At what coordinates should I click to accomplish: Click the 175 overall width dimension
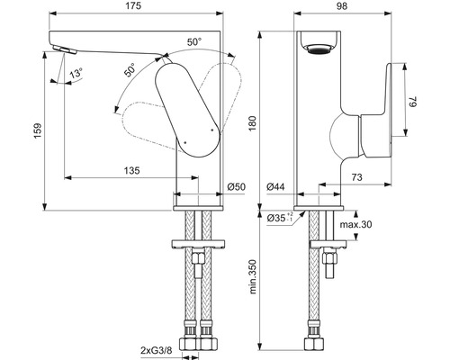click(133, 6)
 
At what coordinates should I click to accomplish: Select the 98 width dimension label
click(342, 6)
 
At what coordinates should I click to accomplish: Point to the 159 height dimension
click(38, 130)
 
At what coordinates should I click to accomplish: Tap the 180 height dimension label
click(252, 124)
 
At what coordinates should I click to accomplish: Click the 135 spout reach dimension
click(132, 171)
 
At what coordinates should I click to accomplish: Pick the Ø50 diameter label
click(236, 187)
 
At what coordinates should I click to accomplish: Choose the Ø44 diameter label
click(275, 187)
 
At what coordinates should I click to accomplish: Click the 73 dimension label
click(356, 177)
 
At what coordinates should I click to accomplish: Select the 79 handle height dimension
click(414, 102)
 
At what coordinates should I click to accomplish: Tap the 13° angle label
click(76, 73)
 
